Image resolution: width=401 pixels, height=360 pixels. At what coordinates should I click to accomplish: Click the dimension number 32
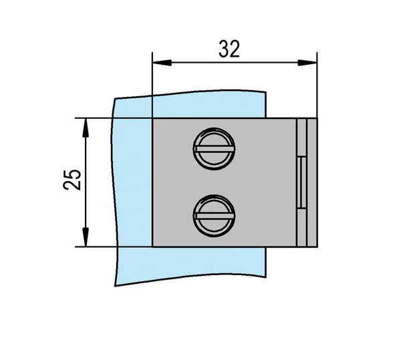coord(229,49)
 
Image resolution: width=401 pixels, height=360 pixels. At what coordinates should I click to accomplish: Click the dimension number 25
coord(72,180)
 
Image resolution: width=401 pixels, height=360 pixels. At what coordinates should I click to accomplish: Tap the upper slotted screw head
coord(214,149)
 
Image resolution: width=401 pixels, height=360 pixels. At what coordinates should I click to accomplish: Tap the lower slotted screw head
coord(214,216)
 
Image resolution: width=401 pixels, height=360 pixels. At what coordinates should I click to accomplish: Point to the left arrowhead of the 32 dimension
coord(162,63)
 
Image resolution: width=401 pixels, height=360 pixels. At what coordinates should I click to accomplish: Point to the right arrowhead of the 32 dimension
coord(307,63)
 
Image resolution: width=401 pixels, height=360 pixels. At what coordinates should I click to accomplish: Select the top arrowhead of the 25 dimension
coord(86,128)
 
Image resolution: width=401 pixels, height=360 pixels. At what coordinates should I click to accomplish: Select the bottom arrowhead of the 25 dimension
coord(86,237)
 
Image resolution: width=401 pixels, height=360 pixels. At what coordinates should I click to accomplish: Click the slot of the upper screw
coord(214,149)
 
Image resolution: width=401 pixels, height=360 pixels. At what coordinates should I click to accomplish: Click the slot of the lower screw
coord(214,216)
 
